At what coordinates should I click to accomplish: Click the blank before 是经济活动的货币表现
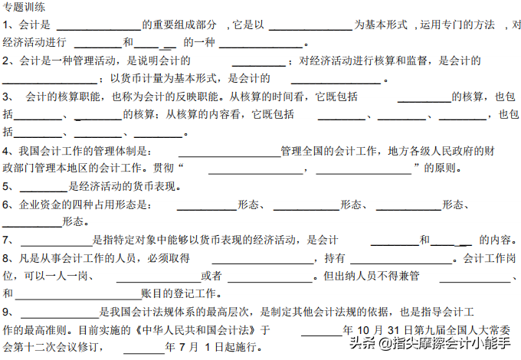[x=44, y=186]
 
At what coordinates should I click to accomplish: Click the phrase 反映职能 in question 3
[x=191, y=97]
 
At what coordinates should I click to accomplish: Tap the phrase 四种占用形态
[x=103, y=205]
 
